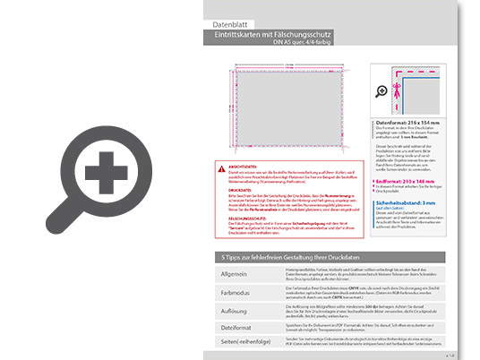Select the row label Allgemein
coord(235,273)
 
